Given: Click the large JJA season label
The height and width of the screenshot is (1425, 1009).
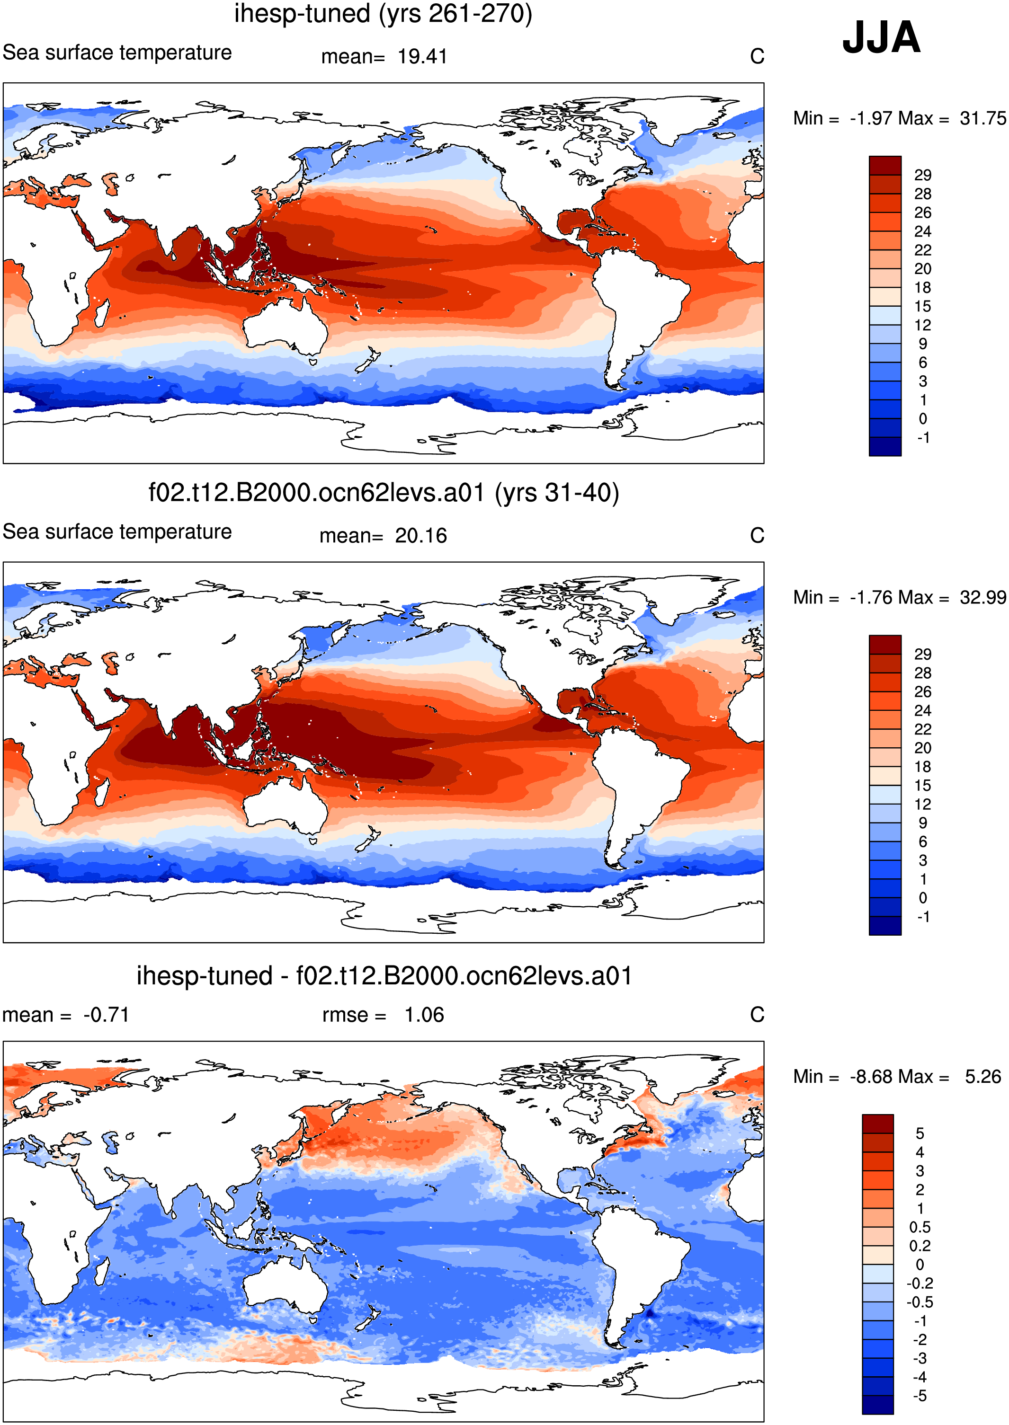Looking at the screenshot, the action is [x=881, y=37].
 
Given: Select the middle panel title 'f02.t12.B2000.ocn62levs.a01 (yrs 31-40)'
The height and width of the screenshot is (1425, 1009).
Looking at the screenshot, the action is [x=384, y=493].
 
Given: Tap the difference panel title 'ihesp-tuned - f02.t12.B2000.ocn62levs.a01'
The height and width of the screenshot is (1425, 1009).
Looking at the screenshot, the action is [x=384, y=975].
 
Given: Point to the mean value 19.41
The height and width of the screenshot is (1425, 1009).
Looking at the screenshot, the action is [x=422, y=56].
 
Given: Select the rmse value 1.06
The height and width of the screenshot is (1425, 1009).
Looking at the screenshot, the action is [x=424, y=1015].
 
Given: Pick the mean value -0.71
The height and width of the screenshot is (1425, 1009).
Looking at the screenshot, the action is [x=106, y=1015].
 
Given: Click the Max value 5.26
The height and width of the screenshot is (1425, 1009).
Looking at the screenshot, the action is [x=983, y=1077].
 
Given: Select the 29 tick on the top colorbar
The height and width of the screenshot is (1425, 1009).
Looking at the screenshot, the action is [x=923, y=175].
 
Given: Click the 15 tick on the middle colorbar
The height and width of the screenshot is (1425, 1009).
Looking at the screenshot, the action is [x=923, y=786].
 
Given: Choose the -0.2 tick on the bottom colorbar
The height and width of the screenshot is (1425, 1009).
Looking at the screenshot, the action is [x=920, y=1283].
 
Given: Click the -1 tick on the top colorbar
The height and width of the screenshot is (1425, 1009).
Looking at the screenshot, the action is [x=923, y=438].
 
